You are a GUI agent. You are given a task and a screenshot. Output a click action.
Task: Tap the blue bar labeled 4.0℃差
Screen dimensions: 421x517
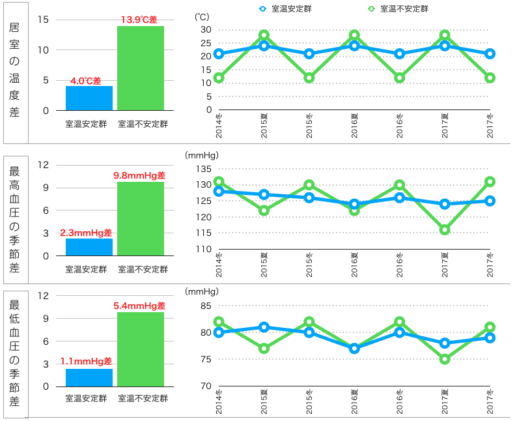[89, 98]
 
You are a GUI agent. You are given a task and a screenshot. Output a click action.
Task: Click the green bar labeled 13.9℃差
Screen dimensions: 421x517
[141, 68]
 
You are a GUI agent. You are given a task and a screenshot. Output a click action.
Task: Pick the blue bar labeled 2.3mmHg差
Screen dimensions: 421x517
[89, 247]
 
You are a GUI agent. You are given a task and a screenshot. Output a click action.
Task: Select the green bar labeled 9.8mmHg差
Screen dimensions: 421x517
[141, 219]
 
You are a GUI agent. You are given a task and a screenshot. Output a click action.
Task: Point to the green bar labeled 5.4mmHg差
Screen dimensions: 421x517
[141, 349]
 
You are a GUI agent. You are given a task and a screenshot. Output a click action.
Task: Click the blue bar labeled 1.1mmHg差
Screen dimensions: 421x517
[89, 377]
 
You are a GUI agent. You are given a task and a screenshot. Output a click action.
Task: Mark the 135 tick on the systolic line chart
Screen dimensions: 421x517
[204, 169]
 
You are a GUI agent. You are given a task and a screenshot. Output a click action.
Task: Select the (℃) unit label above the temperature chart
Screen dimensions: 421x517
[202, 18]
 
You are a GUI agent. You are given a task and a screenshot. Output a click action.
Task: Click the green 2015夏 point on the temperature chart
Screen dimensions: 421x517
[264, 35]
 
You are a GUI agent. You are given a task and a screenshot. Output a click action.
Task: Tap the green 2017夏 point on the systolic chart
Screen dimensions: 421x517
[445, 229]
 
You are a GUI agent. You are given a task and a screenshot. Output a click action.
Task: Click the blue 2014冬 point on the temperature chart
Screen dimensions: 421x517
[219, 53]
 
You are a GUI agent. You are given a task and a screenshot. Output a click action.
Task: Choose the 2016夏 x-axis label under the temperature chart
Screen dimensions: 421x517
[355, 124]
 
